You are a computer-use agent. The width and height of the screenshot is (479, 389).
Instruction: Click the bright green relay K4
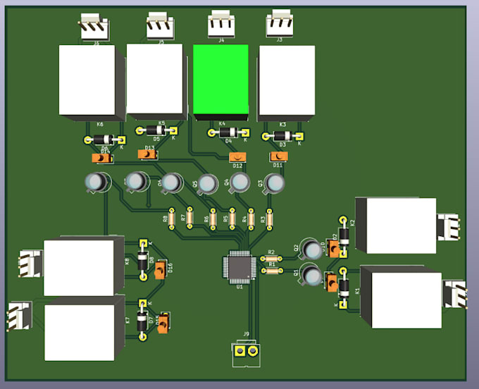(x=220, y=80)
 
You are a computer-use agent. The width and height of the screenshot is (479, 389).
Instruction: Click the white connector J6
(x=94, y=29)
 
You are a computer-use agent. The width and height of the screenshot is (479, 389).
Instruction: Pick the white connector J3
(x=281, y=26)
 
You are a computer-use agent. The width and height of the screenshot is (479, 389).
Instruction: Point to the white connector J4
(x=221, y=26)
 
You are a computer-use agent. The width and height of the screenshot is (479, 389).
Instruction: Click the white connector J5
(x=161, y=27)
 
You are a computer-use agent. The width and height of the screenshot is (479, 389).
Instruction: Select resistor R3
(x=268, y=219)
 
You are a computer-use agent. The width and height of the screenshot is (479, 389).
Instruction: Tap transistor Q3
(x=275, y=183)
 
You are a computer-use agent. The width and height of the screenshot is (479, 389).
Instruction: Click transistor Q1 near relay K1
(x=311, y=273)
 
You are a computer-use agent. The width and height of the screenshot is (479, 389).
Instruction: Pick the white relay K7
(x=79, y=332)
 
